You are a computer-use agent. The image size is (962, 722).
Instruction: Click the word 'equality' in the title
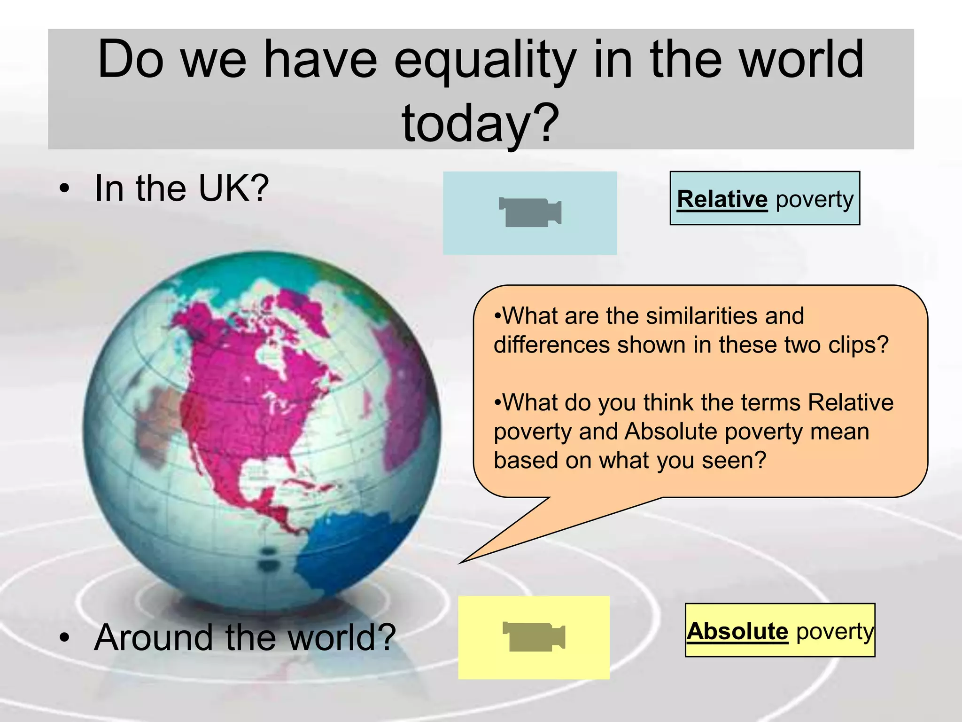pos(485,61)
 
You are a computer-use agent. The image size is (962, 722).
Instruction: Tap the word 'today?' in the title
pos(481,123)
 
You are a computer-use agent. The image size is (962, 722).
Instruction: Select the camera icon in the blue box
pos(530,212)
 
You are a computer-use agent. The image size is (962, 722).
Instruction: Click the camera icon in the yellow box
pos(534,636)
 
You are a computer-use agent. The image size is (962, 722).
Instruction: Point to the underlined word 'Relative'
pos(722,199)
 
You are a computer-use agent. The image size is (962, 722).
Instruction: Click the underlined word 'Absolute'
pos(737,631)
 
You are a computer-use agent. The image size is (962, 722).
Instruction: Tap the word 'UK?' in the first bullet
pos(233,188)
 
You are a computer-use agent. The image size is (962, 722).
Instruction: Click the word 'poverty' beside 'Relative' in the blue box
pos(815,199)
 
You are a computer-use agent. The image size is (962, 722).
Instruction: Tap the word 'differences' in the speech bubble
pos(552,345)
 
